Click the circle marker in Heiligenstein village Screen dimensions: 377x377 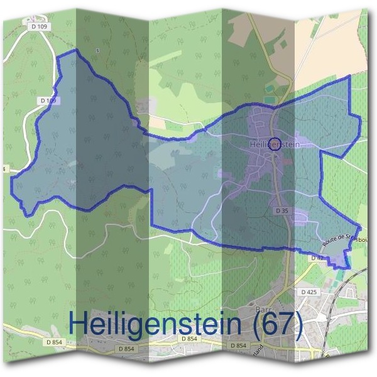pyautogui.click(x=275, y=143)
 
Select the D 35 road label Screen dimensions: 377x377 pyautogui.click(x=281, y=212)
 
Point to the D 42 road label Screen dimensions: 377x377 pyautogui.click(x=317, y=258)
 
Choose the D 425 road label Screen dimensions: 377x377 pyautogui.click(x=309, y=292)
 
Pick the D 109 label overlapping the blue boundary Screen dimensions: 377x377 pyautogui.click(x=48, y=101)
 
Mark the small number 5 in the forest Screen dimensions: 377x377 pyautogui.click(x=98, y=50)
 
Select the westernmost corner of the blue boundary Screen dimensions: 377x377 pyautogui.click(x=12, y=178)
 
